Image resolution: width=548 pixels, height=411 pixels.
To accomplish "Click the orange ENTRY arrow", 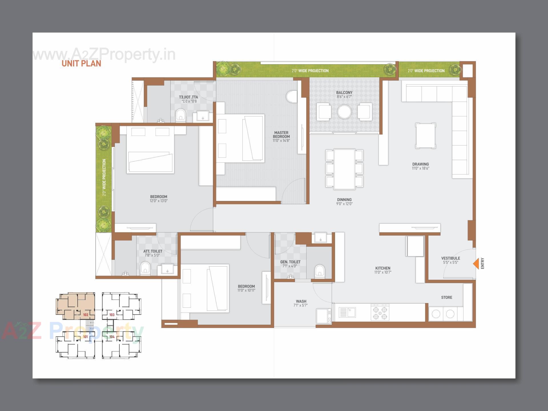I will click(476, 264).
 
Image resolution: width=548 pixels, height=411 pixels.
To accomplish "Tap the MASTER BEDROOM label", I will click(281, 134).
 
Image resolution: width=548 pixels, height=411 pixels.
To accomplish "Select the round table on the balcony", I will click(344, 112).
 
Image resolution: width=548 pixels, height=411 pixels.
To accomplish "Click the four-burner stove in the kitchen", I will click(380, 312).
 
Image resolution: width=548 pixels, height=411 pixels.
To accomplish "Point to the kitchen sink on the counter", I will click(347, 312).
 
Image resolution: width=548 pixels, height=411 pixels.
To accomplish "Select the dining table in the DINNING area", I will click(344, 169).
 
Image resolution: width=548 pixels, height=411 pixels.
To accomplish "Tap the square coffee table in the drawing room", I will click(426, 136).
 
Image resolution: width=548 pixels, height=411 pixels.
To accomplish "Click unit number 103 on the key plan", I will click(112, 315).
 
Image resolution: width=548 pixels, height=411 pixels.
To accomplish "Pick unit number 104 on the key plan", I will click(112, 337).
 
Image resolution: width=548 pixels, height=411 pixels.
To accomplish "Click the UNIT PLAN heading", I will click(81, 63).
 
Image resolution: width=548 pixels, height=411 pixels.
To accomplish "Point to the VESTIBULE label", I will click(451, 258).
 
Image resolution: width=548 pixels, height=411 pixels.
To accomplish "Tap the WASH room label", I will click(301, 301).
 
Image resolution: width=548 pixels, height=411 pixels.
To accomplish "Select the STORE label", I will click(446, 297).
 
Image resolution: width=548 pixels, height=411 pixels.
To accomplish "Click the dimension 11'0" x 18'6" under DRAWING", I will click(420, 168).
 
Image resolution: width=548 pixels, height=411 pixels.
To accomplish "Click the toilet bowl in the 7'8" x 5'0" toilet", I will click(145, 268).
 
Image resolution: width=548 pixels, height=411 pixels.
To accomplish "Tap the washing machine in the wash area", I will click(324, 316).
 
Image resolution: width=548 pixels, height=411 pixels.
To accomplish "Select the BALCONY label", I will click(344, 92).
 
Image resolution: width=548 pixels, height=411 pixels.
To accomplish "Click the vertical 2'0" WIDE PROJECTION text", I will click(104, 177).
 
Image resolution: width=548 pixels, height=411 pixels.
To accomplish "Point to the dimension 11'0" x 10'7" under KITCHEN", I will click(383, 272).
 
